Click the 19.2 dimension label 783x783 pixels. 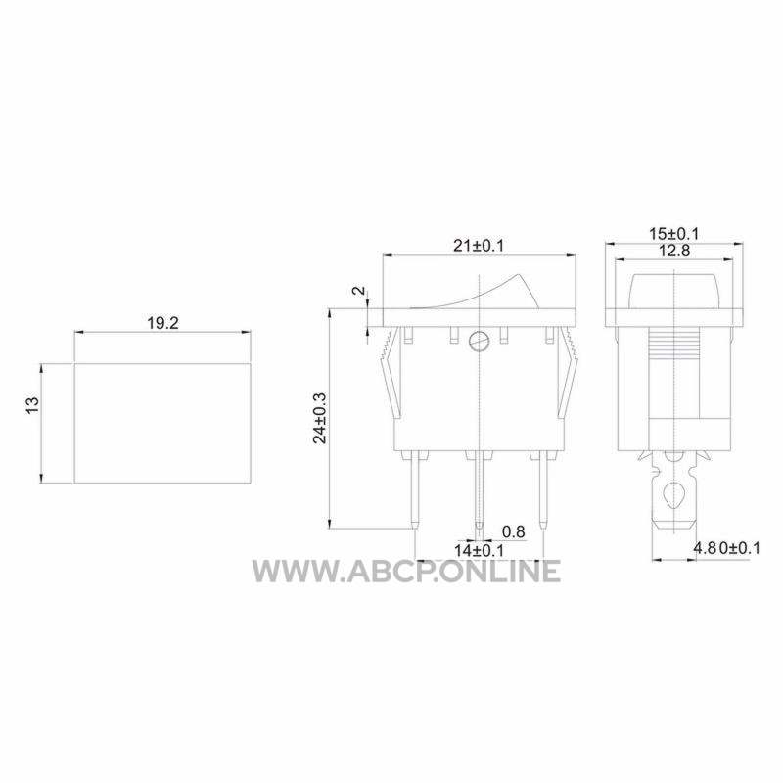[x=162, y=323]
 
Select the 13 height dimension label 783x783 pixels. [x=32, y=405]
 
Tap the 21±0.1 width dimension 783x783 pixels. [x=479, y=246]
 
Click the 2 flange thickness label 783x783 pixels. [x=359, y=291]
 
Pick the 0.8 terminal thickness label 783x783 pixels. [x=513, y=531]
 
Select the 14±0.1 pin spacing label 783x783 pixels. [x=479, y=550]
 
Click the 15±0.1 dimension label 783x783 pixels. [x=674, y=234]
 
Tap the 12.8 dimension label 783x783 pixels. [x=674, y=251]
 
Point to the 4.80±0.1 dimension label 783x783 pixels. [x=726, y=548]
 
